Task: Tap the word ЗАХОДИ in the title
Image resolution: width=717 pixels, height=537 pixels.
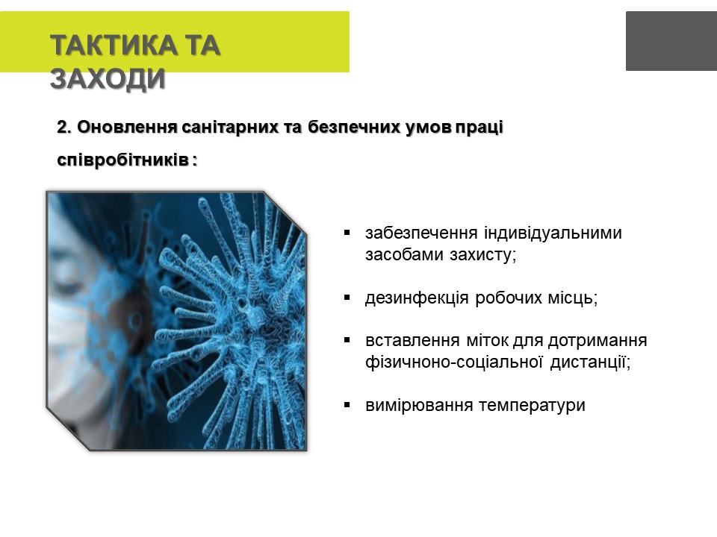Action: [108, 78]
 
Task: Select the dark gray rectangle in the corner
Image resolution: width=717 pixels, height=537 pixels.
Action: [671, 41]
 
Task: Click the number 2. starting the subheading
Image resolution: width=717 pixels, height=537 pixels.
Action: [64, 127]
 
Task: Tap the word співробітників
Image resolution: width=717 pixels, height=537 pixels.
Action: [122, 161]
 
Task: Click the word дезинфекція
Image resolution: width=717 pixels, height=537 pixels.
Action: [417, 298]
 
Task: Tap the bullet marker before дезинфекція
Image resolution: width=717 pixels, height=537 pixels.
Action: [347, 298]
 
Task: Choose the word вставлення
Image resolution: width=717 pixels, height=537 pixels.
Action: [412, 341]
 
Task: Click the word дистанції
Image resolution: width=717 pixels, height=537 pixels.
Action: [590, 362]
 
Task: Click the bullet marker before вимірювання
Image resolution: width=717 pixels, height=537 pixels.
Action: [347, 405]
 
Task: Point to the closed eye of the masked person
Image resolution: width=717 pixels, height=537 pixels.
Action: [69, 286]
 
